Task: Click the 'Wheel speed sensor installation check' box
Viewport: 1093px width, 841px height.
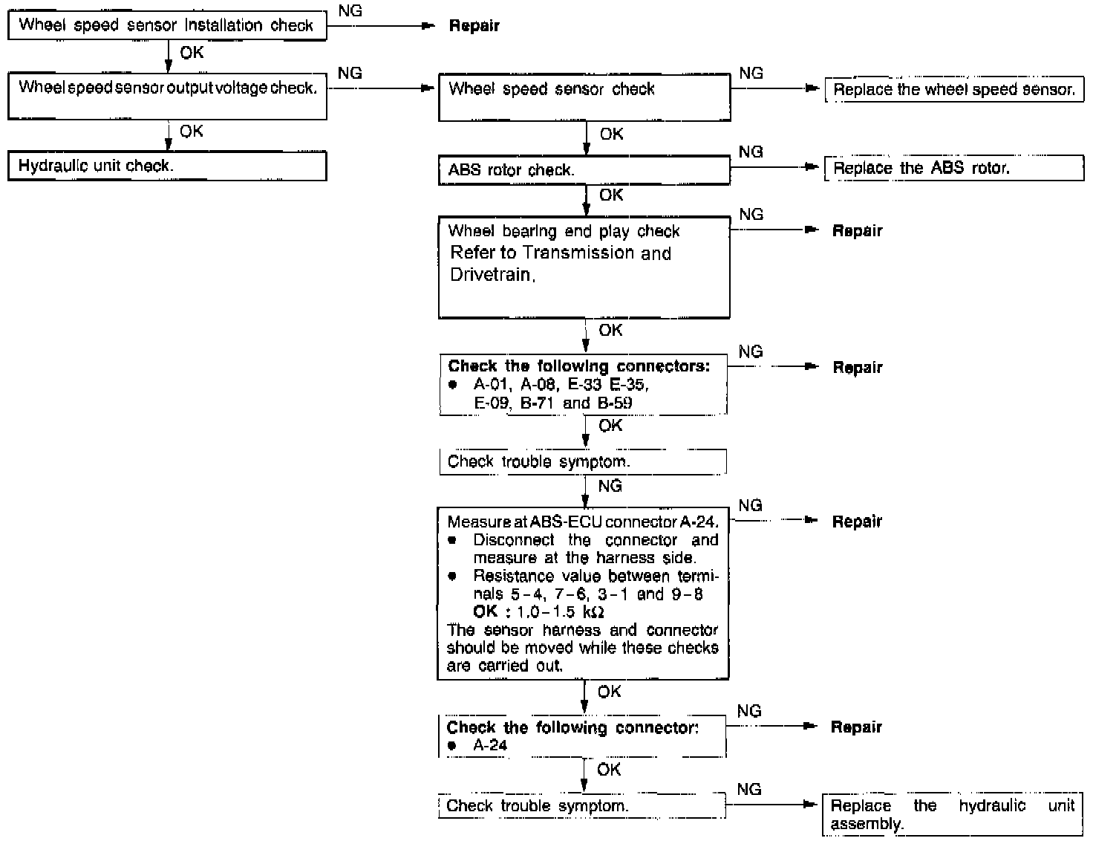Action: click(166, 25)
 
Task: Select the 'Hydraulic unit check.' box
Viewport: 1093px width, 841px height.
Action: click(166, 166)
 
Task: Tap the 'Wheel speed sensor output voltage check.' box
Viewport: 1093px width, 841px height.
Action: click(166, 96)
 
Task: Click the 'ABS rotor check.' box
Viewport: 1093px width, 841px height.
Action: click(584, 170)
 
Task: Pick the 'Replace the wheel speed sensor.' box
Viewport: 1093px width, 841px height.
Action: click(954, 90)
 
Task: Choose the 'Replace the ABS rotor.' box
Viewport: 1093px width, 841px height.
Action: click(954, 168)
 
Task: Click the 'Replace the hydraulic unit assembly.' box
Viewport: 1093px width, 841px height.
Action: click(952, 815)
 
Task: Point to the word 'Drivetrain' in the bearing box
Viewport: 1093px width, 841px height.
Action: click(491, 274)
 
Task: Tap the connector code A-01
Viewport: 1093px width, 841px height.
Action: click(492, 385)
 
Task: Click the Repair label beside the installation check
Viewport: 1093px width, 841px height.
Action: click(474, 26)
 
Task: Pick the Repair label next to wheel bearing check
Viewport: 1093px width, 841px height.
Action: click(857, 231)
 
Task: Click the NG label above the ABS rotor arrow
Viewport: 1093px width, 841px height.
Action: click(751, 152)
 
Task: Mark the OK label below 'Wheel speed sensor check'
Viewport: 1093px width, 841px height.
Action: click(611, 134)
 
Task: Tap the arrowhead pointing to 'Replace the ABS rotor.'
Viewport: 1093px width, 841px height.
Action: click(812, 168)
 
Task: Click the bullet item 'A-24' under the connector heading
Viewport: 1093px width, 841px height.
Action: click(490, 745)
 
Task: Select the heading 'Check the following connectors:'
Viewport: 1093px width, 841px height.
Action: click(578, 366)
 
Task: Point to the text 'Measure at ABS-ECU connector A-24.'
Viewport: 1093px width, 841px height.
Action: click(583, 522)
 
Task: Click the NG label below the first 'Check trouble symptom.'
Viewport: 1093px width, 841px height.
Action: click(610, 486)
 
